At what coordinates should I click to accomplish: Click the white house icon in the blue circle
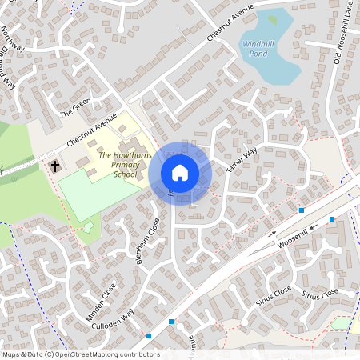[x=180, y=173]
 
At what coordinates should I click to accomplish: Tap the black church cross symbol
[x=55, y=166]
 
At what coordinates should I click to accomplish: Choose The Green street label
[x=76, y=107]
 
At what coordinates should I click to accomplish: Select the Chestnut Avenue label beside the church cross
[x=93, y=130]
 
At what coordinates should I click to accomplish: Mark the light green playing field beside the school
[x=89, y=194]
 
